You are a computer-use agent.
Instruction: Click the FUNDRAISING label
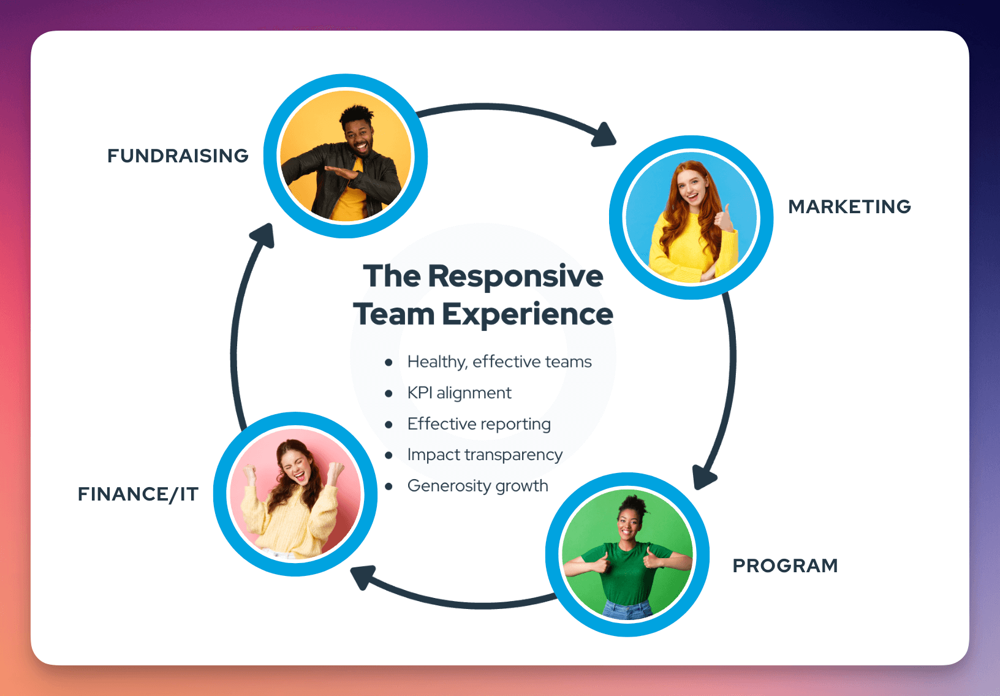pyautogui.click(x=178, y=156)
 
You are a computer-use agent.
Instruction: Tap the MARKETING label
pyautogui.click(x=849, y=206)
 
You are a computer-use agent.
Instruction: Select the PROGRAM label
pyautogui.click(x=785, y=565)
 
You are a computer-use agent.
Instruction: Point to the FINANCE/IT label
pyautogui.click(x=138, y=494)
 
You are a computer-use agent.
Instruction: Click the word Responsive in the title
pyautogui.click(x=515, y=277)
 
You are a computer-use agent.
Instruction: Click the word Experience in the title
pyautogui.click(x=527, y=315)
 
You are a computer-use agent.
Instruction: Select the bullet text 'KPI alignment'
pyautogui.click(x=459, y=393)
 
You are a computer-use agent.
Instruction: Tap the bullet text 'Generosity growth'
pyautogui.click(x=477, y=486)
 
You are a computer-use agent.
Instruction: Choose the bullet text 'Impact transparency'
pyautogui.click(x=485, y=455)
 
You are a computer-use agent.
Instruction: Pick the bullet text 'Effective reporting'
pyautogui.click(x=479, y=424)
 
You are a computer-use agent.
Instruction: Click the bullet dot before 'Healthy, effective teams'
pyautogui.click(x=388, y=362)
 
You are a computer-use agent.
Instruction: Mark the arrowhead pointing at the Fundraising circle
pyautogui.click(x=264, y=235)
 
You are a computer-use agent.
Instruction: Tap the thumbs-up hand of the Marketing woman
pyautogui.click(x=725, y=217)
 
